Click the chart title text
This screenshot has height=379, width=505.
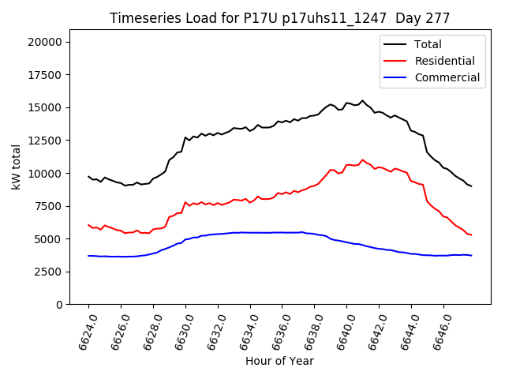tap(279, 18)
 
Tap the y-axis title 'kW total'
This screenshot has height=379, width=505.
tap(16, 167)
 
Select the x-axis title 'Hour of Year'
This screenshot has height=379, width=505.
tap(279, 361)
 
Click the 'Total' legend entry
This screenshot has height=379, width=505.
tap(428, 44)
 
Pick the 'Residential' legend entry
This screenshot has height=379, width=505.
tap(444, 61)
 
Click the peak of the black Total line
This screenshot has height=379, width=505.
tap(363, 101)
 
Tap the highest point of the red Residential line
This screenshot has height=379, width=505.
tap(363, 160)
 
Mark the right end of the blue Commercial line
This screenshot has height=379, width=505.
tap(471, 256)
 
